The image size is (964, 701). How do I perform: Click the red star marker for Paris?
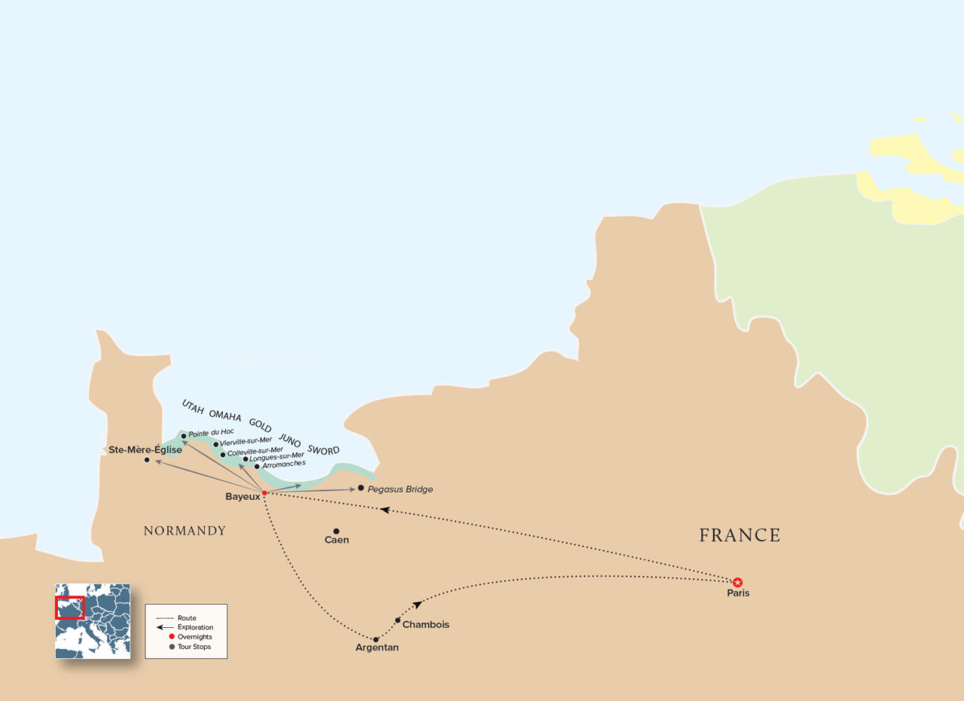(737, 581)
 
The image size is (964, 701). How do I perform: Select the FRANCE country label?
(740, 535)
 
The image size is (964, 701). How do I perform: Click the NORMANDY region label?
(185, 531)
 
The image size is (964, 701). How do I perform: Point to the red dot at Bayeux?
(264, 493)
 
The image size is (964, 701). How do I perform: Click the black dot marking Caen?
(336, 531)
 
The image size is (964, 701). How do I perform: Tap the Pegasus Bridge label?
(400, 489)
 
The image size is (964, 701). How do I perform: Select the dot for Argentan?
(376, 639)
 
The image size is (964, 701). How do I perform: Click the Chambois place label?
(426, 625)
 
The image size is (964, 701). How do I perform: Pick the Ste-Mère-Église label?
(145, 450)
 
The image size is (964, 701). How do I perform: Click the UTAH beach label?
(193, 406)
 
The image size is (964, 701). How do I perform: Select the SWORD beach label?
(323, 450)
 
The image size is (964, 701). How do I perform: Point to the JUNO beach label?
(290, 439)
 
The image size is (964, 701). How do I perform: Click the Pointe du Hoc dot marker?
(184, 435)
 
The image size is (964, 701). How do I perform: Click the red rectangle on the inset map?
(70, 608)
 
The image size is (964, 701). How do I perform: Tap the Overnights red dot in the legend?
(171, 637)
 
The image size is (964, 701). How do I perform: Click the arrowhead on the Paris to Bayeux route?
(384, 510)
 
